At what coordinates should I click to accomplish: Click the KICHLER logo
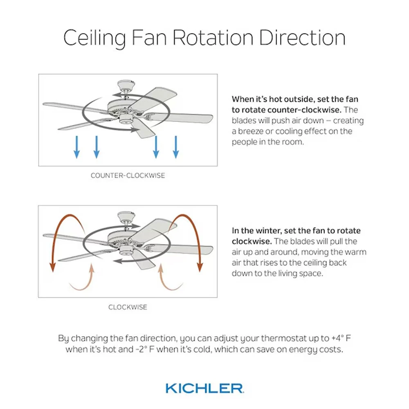click(205, 388)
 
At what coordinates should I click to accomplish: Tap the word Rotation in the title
click(213, 38)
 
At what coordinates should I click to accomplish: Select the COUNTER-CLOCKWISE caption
click(128, 175)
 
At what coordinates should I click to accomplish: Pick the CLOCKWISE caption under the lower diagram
click(128, 307)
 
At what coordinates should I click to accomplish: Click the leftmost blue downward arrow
click(77, 147)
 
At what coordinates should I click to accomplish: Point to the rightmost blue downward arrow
click(176, 147)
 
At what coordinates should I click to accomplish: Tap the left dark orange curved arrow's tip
click(53, 271)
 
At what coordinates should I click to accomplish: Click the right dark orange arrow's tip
click(200, 271)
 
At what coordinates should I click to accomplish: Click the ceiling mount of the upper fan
click(126, 85)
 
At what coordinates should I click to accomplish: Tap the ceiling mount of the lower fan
click(126, 217)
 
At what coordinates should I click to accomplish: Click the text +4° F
click(341, 338)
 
